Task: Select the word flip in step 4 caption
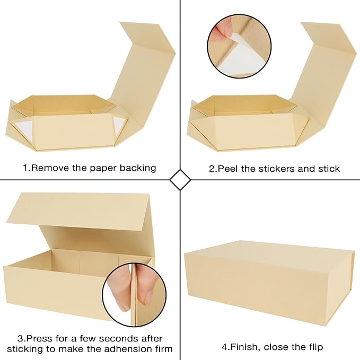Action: [313, 347]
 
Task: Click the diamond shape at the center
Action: [180, 180]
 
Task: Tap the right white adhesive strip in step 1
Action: [118, 126]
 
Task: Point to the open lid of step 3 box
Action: [80, 212]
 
